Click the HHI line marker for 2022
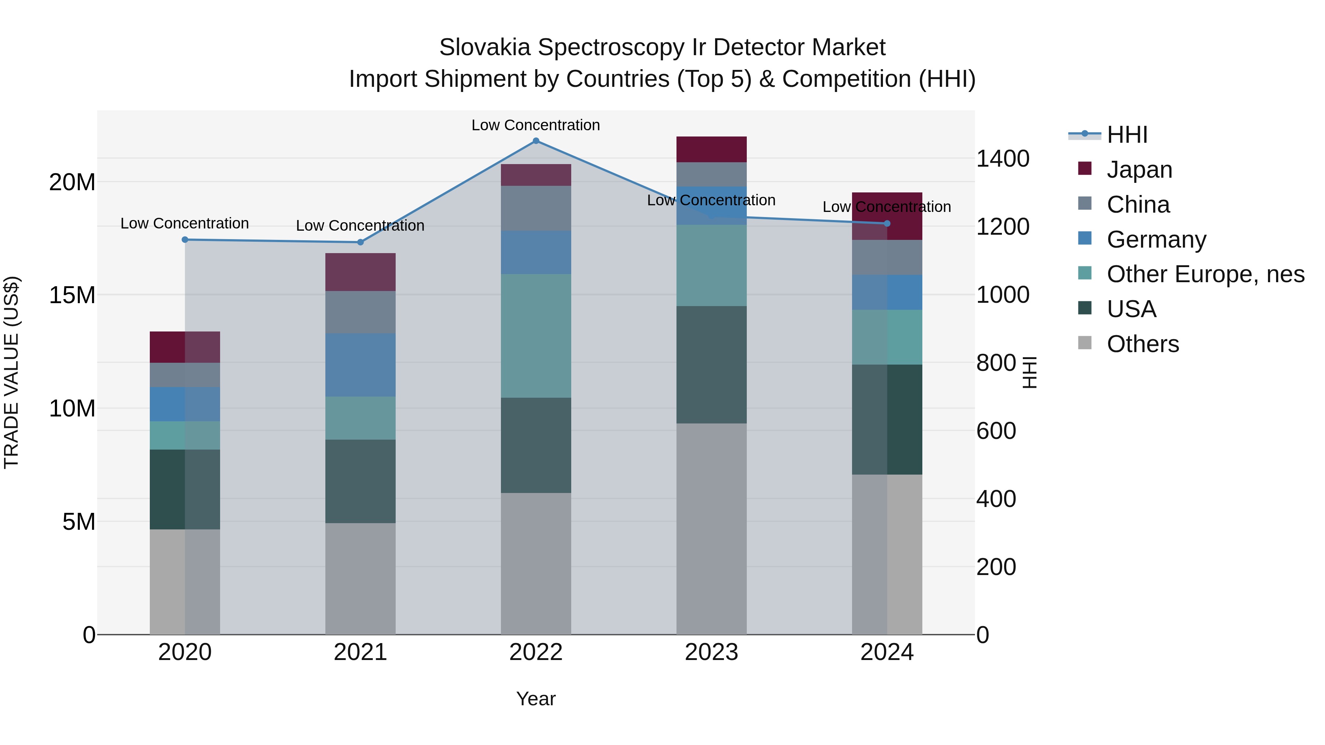pos(536,141)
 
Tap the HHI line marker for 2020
pos(185,240)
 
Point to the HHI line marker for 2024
pos(887,224)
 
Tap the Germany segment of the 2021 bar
pos(360,365)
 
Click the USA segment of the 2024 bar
pos(887,419)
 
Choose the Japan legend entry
pos(1139,170)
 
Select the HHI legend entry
pos(1127,135)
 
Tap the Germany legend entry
pos(1156,240)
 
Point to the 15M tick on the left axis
pos(72,295)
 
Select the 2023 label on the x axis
pos(711,652)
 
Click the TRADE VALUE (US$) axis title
pos(12,372)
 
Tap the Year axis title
pos(536,699)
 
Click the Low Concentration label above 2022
pos(536,125)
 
